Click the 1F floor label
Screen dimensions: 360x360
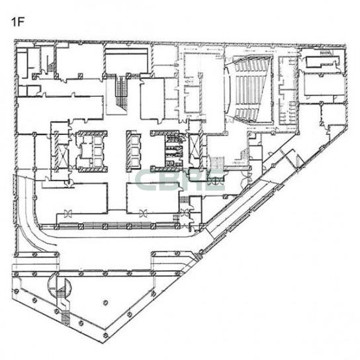(18, 22)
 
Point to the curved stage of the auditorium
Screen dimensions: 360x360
(228, 89)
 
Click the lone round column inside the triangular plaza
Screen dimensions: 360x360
(105, 303)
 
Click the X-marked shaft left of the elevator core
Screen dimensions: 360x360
(63, 157)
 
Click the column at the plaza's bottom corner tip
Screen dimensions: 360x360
(105, 336)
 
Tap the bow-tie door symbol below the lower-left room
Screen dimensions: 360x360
(68, 213)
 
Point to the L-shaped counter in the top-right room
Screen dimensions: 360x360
(322, 62)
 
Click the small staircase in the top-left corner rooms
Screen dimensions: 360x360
(51, 66)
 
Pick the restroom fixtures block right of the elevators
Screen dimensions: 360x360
(174, 151)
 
